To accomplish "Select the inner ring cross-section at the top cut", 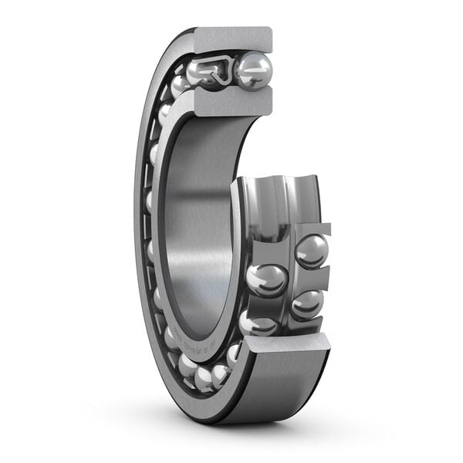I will point(231,100).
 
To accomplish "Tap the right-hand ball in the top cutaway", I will point(254,70).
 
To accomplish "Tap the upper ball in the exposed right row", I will point(312,251).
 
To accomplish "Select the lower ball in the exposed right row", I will point(307,304).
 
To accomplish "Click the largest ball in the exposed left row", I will point(267,279).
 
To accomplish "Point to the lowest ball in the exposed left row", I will point(257,323).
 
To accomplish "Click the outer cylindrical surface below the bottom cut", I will point(286,390).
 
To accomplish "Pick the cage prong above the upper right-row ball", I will point(313,229).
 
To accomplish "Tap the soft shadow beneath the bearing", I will point(231,432).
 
